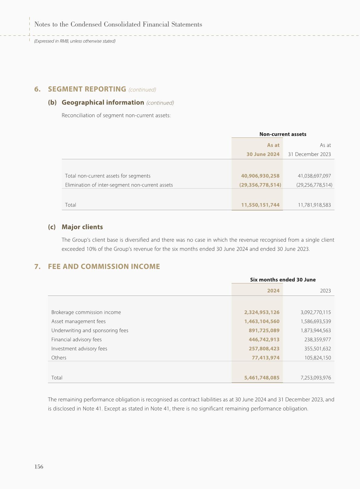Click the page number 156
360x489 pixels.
39,467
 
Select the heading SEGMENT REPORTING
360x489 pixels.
87,89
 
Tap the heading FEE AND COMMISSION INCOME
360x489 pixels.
104,266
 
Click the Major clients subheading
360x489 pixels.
82,227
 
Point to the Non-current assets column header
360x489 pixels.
283,134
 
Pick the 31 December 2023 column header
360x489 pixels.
309,154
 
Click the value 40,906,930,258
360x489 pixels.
260,176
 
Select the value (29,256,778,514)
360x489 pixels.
314,185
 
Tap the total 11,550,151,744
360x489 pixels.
260,205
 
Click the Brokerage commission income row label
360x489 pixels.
86,312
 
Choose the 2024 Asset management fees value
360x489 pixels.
262,321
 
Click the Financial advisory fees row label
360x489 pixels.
76,339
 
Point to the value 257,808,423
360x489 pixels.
264,349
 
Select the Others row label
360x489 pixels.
59,358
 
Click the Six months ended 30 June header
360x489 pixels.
283,280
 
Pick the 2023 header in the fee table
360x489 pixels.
325,291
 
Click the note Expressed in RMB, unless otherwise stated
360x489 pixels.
75,41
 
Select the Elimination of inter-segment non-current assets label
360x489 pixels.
119,185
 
